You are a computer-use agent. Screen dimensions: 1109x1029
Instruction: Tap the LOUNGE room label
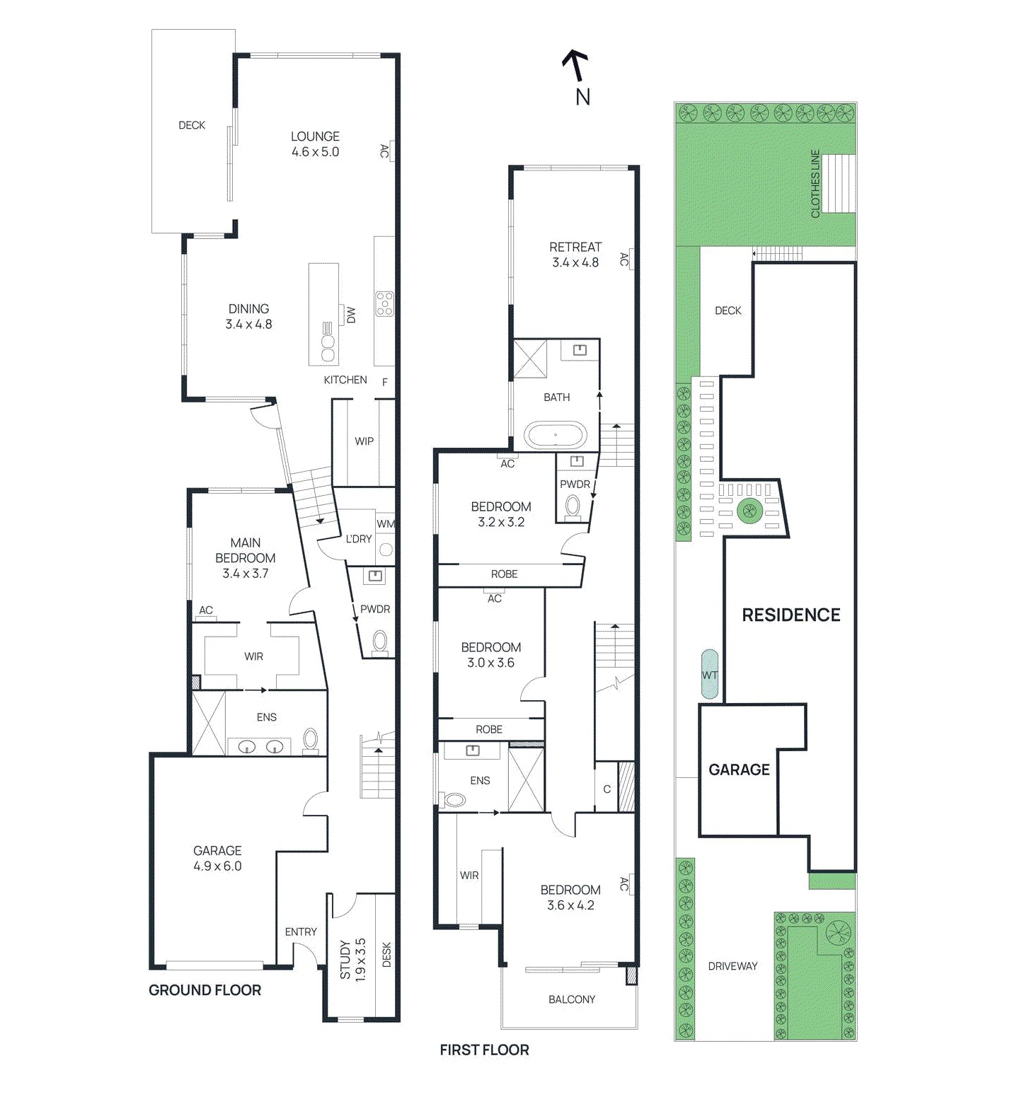pos(315,137)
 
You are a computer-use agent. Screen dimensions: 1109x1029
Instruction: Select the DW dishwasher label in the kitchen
pos(351,315)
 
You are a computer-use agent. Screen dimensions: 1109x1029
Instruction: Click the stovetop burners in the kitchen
pos(384,303)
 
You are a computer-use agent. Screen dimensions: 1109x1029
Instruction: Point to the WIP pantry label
pos(364,441)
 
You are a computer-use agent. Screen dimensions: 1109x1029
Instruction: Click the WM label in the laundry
pos(385,524)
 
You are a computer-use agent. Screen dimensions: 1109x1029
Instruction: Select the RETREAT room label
pos(575,247)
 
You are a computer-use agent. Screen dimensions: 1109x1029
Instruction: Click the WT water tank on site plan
pos(710,675)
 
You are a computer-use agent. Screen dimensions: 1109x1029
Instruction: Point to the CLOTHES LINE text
pos(815,184)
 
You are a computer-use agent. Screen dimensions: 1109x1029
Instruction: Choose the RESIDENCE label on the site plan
pos(791,615)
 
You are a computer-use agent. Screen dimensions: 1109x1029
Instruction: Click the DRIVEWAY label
pos(732,966)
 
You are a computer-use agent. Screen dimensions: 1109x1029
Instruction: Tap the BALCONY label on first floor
pos(572,999)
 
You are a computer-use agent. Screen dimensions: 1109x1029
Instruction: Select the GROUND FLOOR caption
pos(205,990)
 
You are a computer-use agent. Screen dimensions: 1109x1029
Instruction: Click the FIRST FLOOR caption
pos(484,1050)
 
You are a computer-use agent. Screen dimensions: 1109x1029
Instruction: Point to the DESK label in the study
pos(386,955)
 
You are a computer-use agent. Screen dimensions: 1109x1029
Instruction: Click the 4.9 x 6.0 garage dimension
pos(217,866)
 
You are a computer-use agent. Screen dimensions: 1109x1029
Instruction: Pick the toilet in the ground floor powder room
pos(380,641)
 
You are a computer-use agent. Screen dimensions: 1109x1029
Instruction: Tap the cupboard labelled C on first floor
pos(607,789)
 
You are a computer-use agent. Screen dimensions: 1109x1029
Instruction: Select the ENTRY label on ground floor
pos(301,932)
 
